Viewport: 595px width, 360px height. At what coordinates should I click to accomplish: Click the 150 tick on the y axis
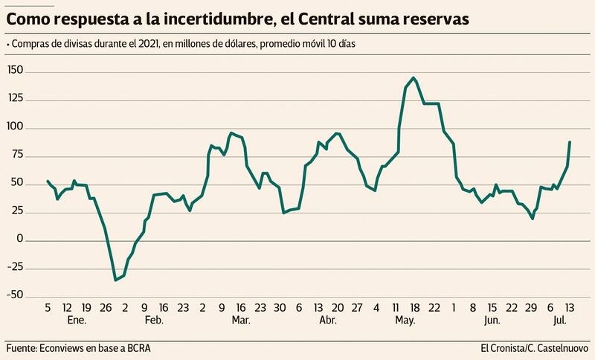16,70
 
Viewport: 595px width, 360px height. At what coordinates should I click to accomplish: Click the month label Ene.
77,320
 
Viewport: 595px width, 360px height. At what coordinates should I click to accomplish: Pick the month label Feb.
154,320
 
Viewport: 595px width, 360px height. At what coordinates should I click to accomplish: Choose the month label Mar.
240,320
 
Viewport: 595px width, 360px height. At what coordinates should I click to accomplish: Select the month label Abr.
327,320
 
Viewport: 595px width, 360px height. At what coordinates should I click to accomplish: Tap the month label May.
405,320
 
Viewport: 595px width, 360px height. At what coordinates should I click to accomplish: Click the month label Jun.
492,320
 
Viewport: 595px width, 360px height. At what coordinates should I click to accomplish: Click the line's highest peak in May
414,78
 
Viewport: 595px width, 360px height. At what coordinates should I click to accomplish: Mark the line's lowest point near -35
115,280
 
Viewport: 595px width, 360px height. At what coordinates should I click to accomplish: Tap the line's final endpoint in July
570,142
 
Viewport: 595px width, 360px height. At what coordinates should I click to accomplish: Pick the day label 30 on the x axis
280,307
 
